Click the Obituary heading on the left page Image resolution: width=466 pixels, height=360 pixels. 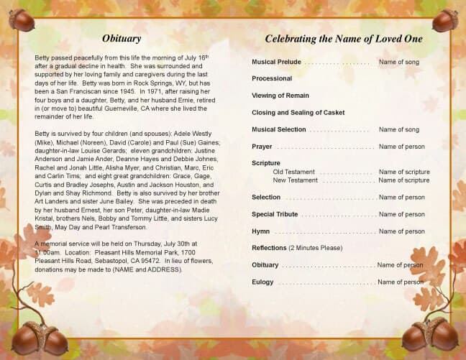(x=122, y=38)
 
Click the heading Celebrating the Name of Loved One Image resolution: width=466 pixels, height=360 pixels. (x=343, y=39)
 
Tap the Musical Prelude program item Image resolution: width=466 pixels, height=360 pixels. (x=276, y=63)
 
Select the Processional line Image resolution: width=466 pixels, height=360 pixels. (x=272, y=78)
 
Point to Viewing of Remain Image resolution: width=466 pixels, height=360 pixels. (x=280, y=96)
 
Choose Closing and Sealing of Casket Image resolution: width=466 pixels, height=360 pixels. (x=298, y=113)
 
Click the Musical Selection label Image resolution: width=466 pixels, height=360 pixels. (x=278, y=129)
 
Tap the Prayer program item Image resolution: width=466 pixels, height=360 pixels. (x=262, y=147)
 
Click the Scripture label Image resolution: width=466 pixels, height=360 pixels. (x=266, y=163)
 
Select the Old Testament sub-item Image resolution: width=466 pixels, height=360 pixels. (x=293, y=172)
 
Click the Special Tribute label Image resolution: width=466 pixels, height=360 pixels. (x=273, y=214)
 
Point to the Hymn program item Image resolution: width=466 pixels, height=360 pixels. (x=260, y=231)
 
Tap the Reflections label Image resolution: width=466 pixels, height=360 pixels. (x=270, y=248)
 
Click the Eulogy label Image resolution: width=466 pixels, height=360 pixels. (x=262, y=282)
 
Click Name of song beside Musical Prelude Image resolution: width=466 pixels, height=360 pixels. (x=398, y=63)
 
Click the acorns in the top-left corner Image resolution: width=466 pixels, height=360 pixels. (x=22, y=19)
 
